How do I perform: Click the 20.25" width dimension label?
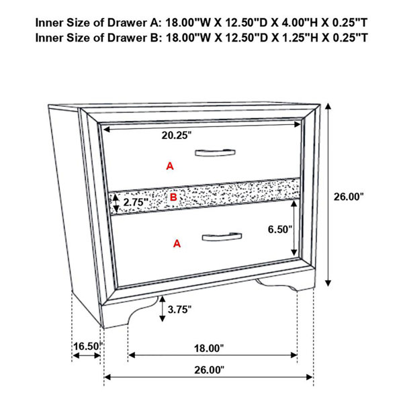point(177,135)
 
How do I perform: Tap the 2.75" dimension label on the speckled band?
point(136,202)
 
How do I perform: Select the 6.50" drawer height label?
point(280,229)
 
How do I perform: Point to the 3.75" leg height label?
point(179,310)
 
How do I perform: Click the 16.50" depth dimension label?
point(88,346)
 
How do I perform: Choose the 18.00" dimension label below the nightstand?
point(209,349)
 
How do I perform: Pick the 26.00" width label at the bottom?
point(209,370)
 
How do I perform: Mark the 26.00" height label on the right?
point(349,197)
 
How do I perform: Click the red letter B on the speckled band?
point(173,197)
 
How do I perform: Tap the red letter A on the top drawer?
point(170,167)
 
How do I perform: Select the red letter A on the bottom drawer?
point(177,243)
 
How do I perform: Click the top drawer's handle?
point(215,152)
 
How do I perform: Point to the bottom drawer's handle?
point(222,236)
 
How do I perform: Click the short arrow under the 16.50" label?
point(87,355)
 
